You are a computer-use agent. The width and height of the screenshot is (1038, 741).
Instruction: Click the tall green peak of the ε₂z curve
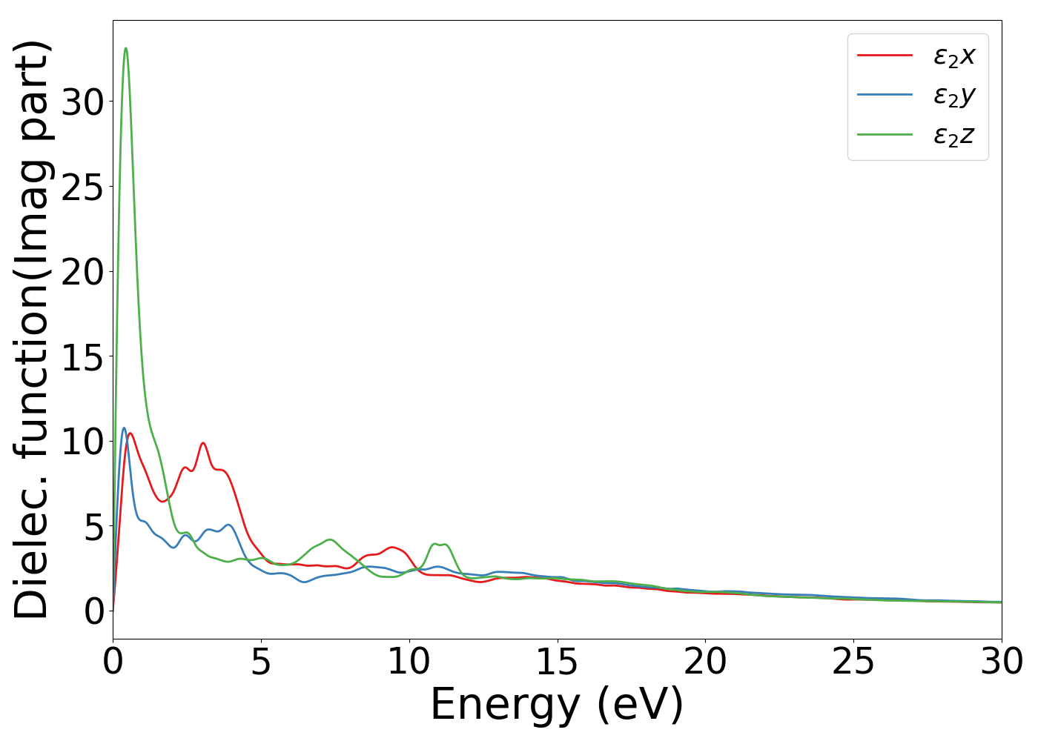[126, 49]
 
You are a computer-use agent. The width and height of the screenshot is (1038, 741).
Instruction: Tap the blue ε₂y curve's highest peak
[124, 428]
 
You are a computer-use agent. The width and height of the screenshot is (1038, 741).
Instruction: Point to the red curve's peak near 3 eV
[202, 443]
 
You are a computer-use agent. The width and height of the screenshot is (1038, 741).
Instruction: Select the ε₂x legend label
[954, 56]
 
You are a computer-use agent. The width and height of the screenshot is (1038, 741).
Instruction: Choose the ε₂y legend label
[954, 96]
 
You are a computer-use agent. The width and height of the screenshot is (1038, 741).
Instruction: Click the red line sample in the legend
[885, 55]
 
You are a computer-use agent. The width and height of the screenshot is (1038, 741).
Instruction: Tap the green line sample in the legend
[885, 135]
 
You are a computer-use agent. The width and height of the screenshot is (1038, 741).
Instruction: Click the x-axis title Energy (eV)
[557, 705]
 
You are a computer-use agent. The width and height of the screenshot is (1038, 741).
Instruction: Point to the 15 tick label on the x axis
[557, 662]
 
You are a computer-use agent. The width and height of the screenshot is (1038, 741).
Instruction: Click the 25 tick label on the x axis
[853, 662]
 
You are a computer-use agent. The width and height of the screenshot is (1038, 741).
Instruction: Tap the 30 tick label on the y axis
[82, 102]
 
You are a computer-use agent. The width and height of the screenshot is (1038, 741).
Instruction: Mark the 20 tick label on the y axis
[82, 271]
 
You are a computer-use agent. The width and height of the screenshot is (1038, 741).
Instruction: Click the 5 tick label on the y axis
[93, 526]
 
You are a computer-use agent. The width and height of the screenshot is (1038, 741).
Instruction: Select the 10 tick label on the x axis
[409, 662]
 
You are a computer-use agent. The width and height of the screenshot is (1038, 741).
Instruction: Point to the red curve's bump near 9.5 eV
[392, 548]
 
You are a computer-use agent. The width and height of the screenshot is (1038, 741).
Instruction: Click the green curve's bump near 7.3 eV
[329, 539]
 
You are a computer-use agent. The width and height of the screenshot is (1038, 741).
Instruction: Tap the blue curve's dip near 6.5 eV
[304, 582]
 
